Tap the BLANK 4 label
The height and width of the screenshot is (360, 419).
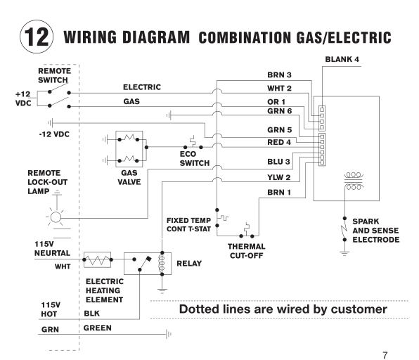pos(342,58)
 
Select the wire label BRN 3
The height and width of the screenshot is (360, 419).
pos(279,75)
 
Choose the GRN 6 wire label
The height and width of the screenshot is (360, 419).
pos(279,111)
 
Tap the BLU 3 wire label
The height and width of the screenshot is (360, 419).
pos(279,162)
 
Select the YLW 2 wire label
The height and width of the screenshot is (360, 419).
pos(279,177)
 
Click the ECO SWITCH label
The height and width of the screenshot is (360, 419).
pos(194,159)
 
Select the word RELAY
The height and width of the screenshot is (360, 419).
pos(189,264)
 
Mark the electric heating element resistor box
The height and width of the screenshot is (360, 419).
pos(97,260)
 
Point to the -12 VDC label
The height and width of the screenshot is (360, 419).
pos(54,132)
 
